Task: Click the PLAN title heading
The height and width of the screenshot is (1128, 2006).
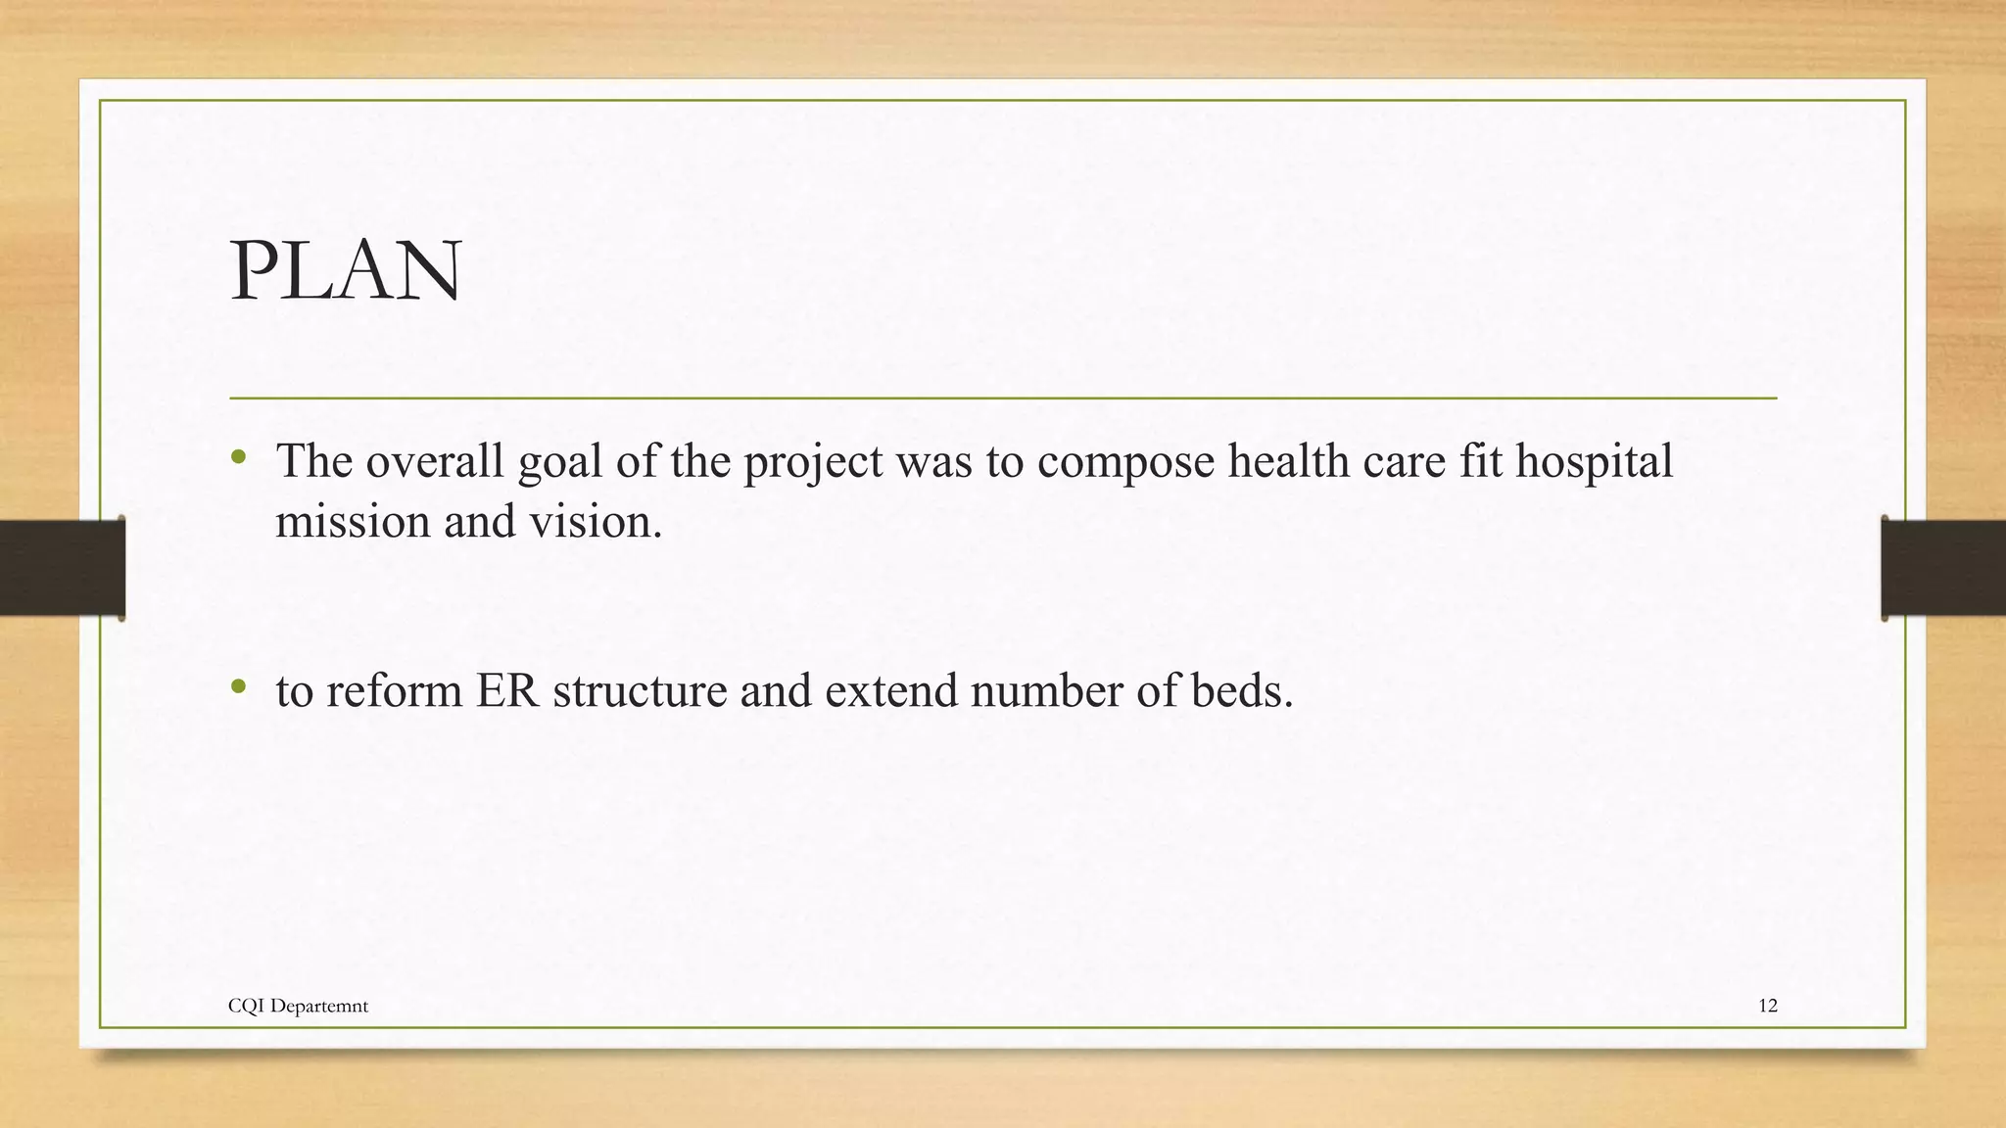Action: point(346,271)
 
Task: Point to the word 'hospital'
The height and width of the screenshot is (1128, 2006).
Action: point(1594,462)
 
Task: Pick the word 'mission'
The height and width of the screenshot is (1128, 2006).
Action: point(352,521)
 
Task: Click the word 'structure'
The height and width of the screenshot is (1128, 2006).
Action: point(641,691)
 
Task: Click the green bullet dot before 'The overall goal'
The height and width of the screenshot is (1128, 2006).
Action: point(238,457)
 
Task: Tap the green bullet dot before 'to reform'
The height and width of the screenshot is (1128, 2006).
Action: point(238,687)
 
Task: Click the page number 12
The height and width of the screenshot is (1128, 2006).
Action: point(1767,1006)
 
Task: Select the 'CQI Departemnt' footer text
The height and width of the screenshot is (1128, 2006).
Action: point(298,1006)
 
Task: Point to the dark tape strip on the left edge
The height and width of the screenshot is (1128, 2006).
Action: point(62,568)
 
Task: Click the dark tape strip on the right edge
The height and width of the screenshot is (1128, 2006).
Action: point(1943,568)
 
